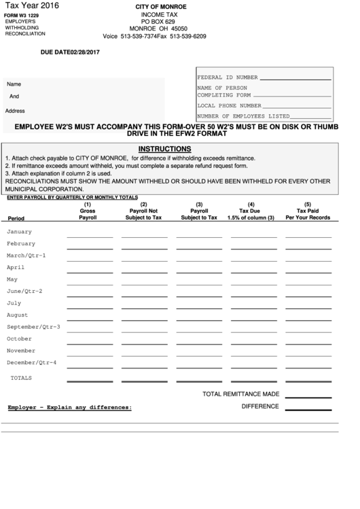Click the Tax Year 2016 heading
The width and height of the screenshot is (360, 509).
coord(31,5)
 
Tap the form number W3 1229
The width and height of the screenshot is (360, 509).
coord(21,15)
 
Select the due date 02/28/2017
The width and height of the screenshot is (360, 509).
coord(70,52)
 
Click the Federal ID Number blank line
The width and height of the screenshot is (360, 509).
coord(296,79)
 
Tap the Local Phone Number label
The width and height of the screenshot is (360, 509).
coord(229,106)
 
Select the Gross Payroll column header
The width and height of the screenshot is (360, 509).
coord(88,214)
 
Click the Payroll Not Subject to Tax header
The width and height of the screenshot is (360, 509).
coord(143,214)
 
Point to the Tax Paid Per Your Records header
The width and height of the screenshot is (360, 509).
coord(308,214)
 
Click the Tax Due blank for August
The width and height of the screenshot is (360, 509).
coord(253,319)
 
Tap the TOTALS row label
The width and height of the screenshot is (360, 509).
coord(21,377)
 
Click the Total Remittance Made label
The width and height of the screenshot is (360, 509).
coord(241,393)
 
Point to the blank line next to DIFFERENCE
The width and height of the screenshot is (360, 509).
coord(308,409)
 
